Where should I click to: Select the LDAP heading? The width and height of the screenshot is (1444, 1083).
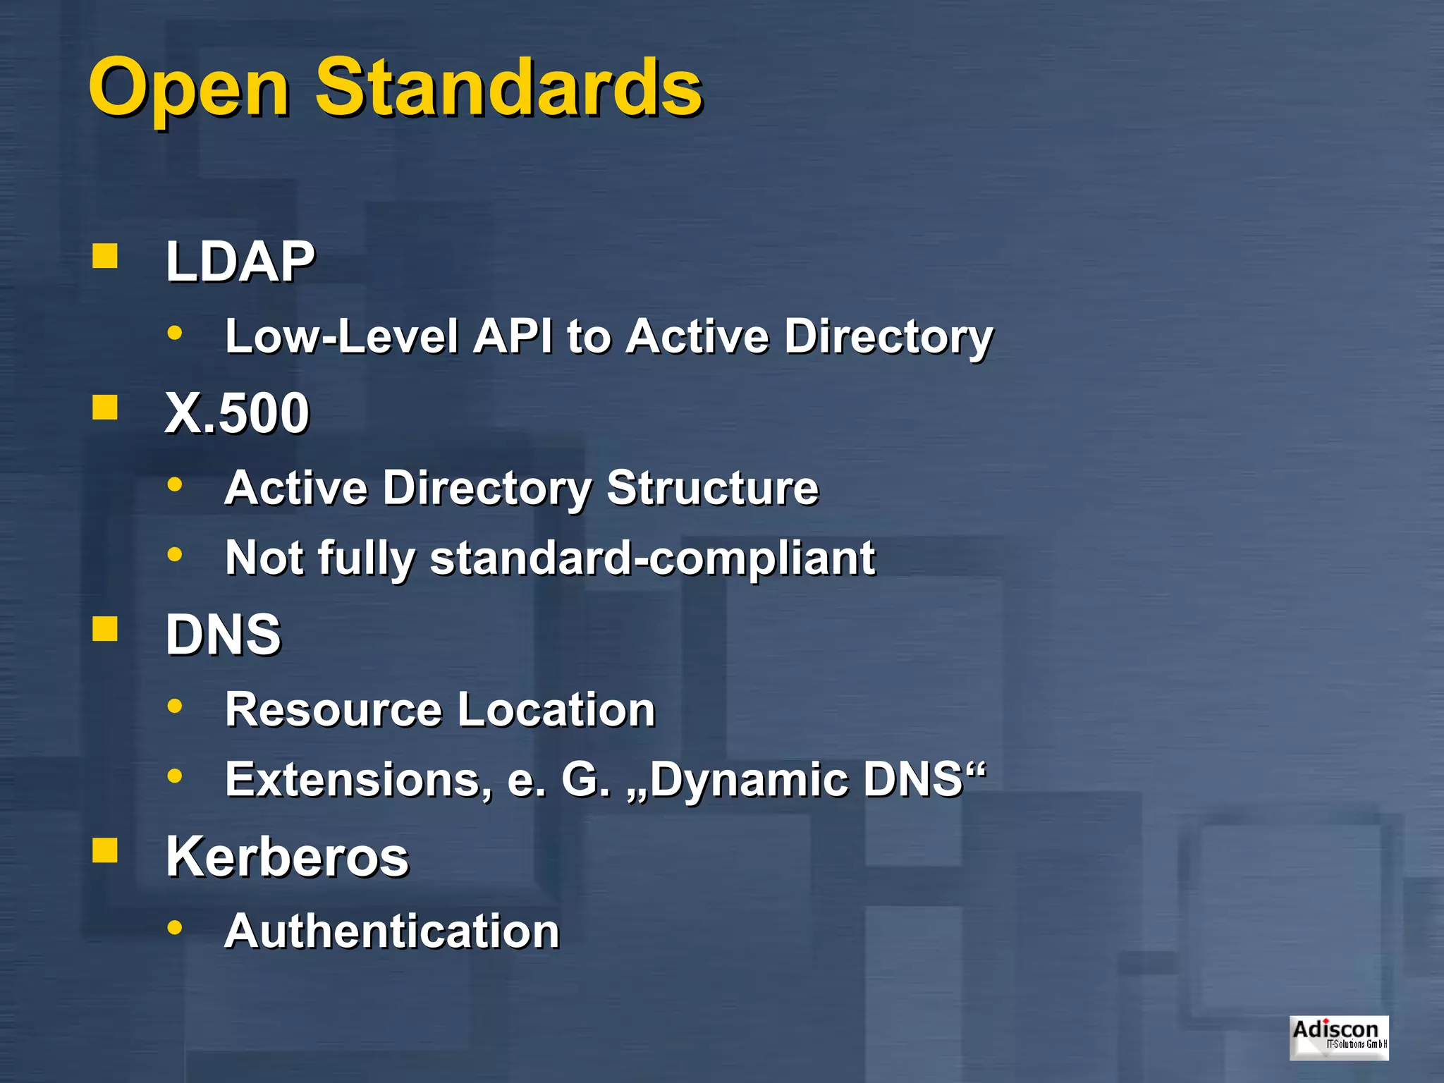pos(240,262)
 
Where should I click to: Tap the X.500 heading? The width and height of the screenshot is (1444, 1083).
pos(237,413)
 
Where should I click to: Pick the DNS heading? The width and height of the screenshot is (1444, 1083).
pos(223,635)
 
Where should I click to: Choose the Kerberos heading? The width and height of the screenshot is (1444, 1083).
pos(287,857)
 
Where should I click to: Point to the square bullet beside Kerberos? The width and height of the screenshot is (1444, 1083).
pos(105,851)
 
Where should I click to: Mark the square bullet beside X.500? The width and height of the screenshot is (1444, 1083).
pos(105,408)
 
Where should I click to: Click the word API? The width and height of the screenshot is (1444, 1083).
pos(513,336)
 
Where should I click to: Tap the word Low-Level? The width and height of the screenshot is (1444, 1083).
pos(341,336)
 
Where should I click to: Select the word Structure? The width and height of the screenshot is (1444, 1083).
pos(712,487)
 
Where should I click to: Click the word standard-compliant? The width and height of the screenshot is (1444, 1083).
pos(652,558)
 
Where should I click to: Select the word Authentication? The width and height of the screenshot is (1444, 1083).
pos(392,931)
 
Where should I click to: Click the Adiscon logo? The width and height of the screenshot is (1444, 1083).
pos(1338,1037)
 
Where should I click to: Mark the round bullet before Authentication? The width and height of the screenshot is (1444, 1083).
pos(175,927)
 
